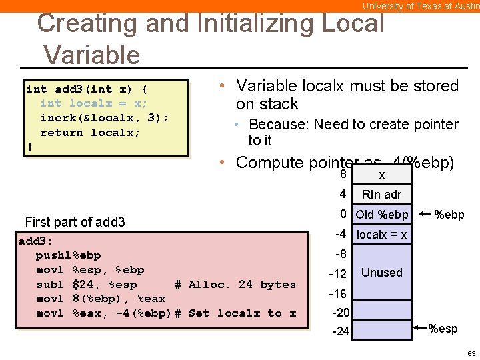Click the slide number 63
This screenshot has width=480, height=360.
[x=471, y=353]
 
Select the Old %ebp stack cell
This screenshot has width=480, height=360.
[x=382, y=215]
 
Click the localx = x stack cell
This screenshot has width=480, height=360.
[x=381, y=235]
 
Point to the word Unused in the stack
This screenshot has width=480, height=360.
[x=381, y=273]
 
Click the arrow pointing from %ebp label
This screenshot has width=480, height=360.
[x=423, y=215]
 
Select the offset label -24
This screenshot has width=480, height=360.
[x=340, y=331]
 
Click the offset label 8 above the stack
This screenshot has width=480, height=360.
[x=343, y=175]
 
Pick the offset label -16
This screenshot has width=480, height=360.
[x=339, y=294]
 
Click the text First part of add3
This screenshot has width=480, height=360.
[x=75, y=222]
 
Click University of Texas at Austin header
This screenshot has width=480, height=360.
[x=420, y=6]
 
